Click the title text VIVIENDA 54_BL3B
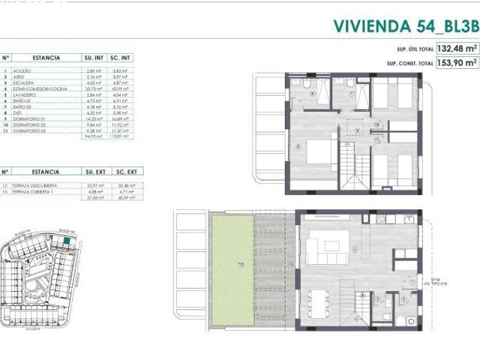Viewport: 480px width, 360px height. [404, 25]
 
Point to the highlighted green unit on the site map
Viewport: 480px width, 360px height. [68, 242]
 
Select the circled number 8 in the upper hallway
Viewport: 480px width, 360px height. [358, 130]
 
